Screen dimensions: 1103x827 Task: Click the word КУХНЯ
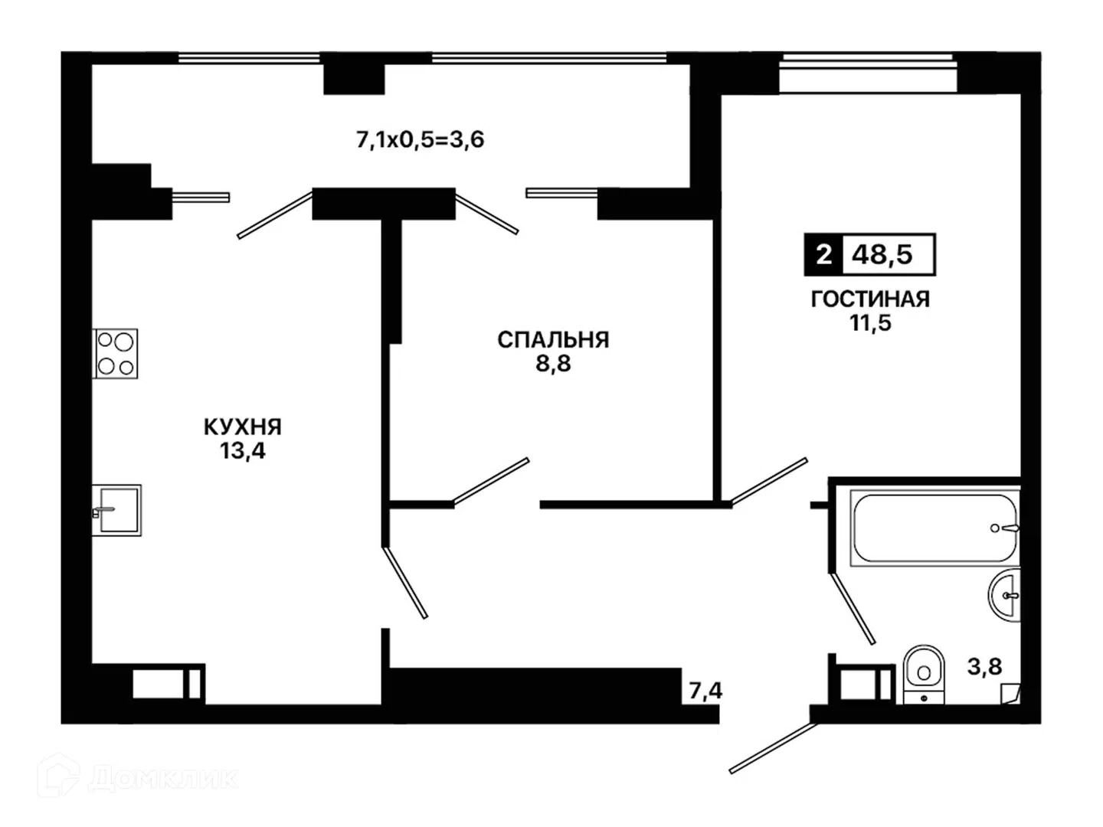coord(243,427)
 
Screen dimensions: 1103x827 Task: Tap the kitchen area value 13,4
coord(242,451)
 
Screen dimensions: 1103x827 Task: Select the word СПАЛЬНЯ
coord(553,340)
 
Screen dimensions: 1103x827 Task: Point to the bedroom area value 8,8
coord(553,364)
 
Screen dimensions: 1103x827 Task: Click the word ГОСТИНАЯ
coord(870,299)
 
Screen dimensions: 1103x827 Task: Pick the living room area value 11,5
coord(870,322)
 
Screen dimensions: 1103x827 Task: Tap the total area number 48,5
coord(882,254)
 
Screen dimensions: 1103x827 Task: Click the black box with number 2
coord(823,254)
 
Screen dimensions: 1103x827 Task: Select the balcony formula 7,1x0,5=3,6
coord(420,139)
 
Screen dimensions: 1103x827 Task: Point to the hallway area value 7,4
coord(705,691)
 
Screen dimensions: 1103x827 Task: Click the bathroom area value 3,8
coord(985,667)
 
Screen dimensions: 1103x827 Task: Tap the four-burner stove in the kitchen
coord(116,354)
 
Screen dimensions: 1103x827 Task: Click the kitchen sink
coord(116,510)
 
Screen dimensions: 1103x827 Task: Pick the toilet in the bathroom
coord(924,675)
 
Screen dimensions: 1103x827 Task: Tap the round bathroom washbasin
coord(1005,596)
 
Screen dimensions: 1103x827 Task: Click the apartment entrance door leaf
coord(774,747)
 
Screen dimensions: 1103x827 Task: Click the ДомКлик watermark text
coord(163,779)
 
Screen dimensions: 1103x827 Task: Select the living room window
coord(868,57)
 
